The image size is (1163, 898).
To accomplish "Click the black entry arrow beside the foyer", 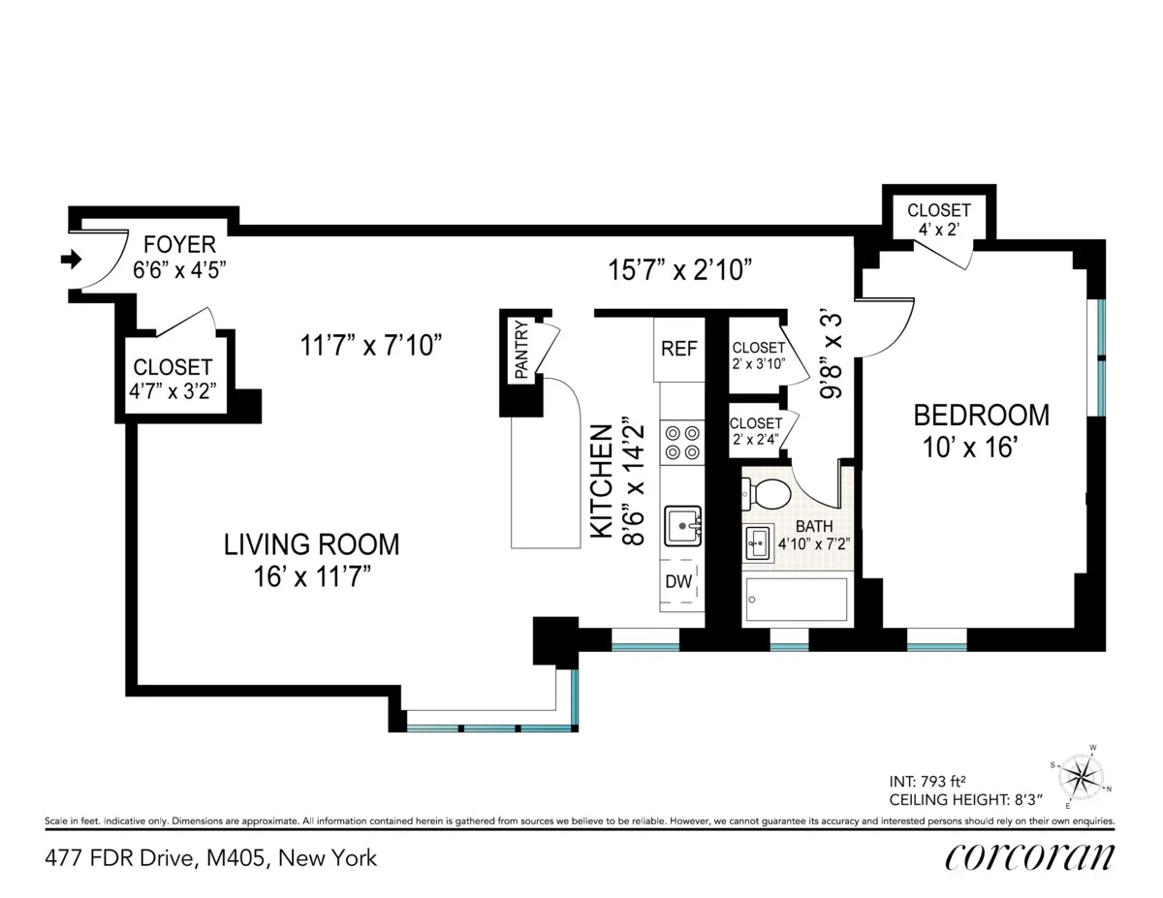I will [71, 259].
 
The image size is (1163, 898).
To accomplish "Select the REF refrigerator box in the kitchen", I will [679, 349].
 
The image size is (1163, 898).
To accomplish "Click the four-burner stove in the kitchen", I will [681, 443].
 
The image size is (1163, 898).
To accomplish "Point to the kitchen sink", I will [683, 526].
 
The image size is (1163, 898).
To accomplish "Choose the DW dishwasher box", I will [678, 583].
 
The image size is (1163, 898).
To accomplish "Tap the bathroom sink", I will [758, 543].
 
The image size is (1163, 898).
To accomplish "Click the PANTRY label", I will [520, 350].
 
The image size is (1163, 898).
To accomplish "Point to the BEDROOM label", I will [981, 416].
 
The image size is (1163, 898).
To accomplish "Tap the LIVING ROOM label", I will [311, 544].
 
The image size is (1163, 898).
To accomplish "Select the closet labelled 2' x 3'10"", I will [758, 356].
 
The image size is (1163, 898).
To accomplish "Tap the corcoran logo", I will [1029, 857].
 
